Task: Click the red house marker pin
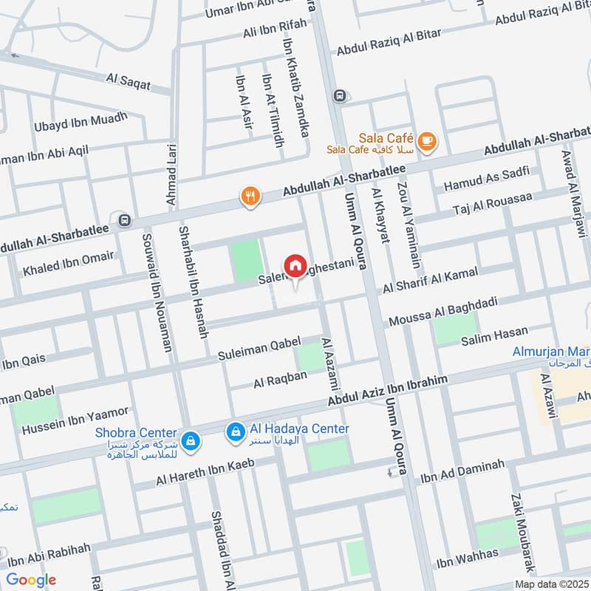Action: click(x=295, y=265)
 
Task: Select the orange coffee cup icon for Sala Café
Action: click(x=426, y=140)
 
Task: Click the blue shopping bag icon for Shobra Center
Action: click(x=191, y=440)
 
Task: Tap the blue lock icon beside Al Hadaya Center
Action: click(x=235, y=429)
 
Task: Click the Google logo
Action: click(x=31, y=579)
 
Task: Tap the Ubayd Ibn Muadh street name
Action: click(x=81, y=122)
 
